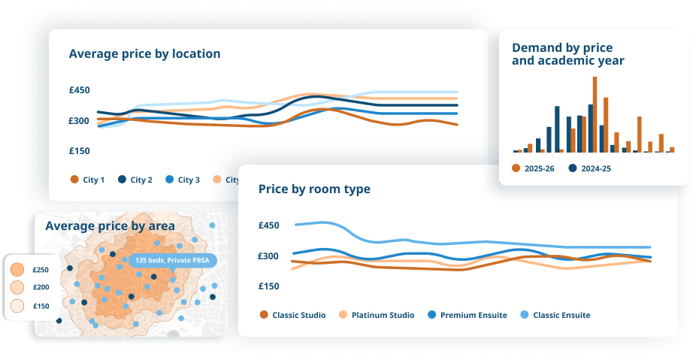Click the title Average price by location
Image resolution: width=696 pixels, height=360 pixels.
[x=144, y=53]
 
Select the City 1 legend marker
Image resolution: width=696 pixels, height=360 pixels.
[x=74, y=180]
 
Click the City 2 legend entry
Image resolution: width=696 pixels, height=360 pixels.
[x=135, y=180]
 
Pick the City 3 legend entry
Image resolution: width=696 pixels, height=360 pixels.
[x=182, y=180]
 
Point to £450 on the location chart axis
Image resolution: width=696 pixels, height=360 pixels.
[x=80, y=90]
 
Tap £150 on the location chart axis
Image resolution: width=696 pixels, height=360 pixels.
[x=80, y=150]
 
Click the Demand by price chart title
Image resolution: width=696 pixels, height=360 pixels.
[x=567, y=54]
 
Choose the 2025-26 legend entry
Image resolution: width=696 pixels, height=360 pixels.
[x=534, y=168]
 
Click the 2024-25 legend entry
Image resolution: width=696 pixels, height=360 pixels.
[x=590, y=168]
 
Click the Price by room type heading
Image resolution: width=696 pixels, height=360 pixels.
[x=314, y=189]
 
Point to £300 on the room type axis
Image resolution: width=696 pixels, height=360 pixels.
[x=269, y=256]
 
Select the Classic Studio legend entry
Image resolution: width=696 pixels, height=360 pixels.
[x=292, y=315]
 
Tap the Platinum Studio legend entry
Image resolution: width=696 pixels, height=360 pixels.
[x=377, y=315]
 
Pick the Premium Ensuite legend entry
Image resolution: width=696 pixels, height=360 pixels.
[x=467, y=315]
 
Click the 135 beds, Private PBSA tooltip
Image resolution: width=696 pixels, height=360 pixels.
[x=173, y=260]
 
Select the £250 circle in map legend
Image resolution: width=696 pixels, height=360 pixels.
[x=18, y=270]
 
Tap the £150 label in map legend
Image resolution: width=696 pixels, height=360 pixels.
[x=41, y=306]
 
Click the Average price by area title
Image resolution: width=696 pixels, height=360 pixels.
[x=110, y=225]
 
